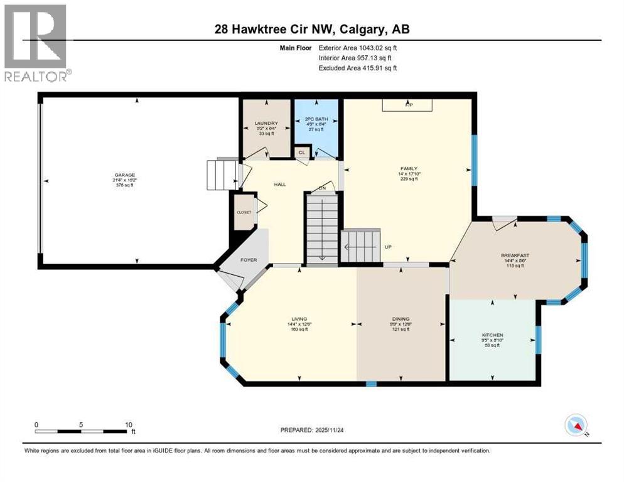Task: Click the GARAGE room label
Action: pos(124,175)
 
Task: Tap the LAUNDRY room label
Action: pos(266,123)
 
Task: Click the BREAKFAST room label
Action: pos(515,255)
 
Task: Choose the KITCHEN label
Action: pos(492,335)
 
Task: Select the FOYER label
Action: pos(249,258)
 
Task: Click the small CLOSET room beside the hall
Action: pos(244,212)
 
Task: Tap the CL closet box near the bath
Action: pos(301,153)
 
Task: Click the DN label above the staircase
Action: pos(323,188)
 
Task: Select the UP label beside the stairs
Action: pos(389,247)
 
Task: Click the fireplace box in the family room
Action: pos(407,105)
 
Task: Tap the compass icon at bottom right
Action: pos(576,426)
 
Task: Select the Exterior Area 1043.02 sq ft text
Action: pos(358,47)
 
